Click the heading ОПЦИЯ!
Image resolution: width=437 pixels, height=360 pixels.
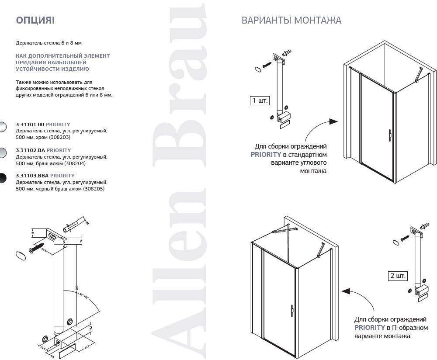pyautogui.click(x=35, y=20)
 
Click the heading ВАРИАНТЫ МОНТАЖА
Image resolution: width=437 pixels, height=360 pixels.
pyautogui.click(x=291, y=21)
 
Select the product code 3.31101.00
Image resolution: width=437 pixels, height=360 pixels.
pyautogui.click(x=30, y=125)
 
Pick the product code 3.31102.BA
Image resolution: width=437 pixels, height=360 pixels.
pyautogui.click(x=30, y=150)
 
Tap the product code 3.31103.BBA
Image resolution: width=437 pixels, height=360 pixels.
pyautogui.click(x=32, y=176)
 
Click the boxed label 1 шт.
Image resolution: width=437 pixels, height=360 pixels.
pyautogui.click(x=259, y=100)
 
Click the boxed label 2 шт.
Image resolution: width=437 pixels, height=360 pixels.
pyautogui.click(x=398, y=276)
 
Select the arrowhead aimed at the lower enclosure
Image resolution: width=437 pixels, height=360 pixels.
pyautogui.click(x=346, y=290)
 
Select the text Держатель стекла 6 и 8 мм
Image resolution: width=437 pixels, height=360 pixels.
pyautogui.click(x=49, y=43)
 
